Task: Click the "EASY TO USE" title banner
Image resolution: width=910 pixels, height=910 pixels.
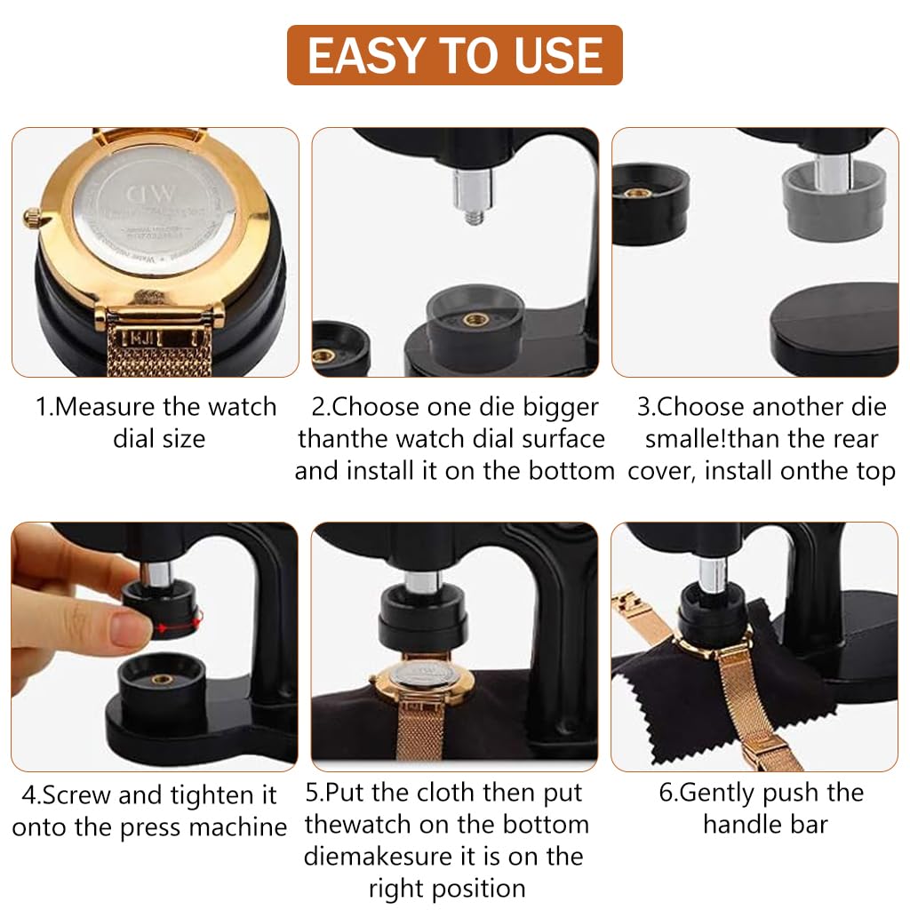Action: pyautogui.click(x=454, y=55)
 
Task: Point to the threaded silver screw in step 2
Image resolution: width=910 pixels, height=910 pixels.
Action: pyautogui.click(x=469, y=196)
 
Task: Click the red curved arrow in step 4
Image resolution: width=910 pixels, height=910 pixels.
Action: pyautogui.click(x=178, y=626)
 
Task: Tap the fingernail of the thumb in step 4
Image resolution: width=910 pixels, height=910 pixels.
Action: pyautogui.click(x=132, y=632)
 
